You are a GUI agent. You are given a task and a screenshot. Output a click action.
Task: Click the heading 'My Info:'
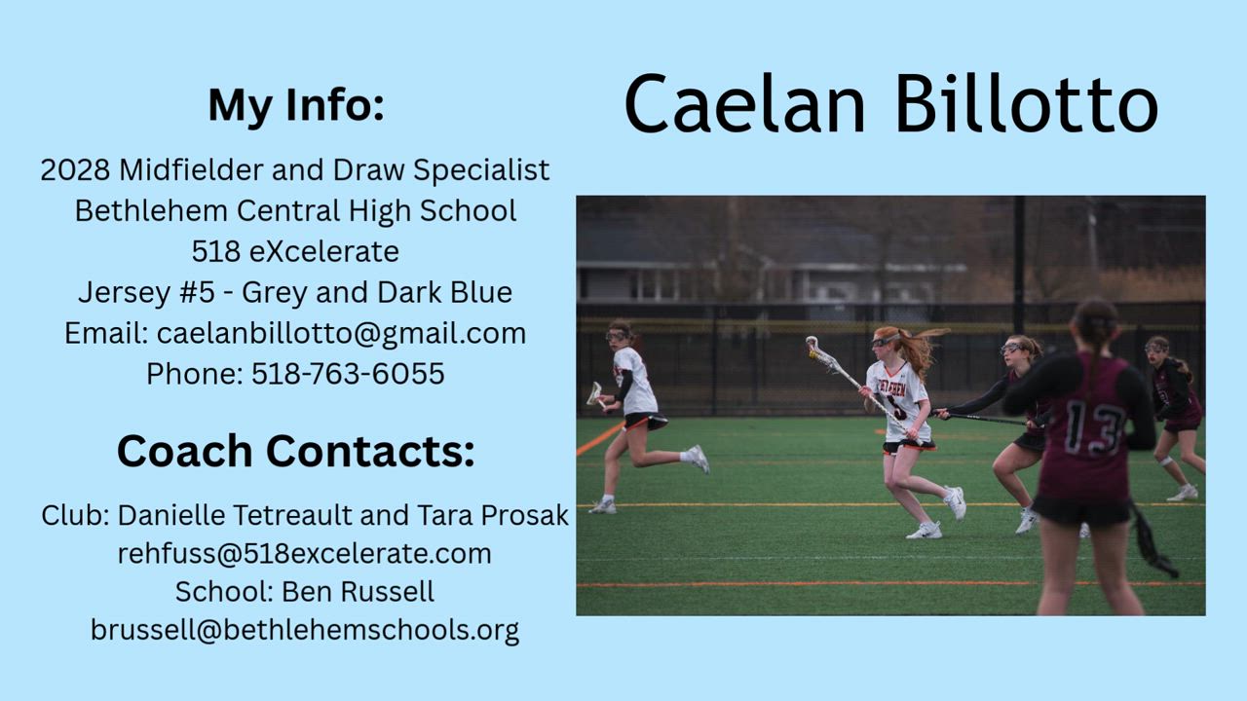(x=296, y=105)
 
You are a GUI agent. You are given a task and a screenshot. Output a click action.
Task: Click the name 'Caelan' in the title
(x=744, y=104)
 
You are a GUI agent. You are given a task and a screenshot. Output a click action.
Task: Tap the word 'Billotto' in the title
(x=1027, y=103)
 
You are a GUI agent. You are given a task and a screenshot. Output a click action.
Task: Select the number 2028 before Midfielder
(x=75, y=169)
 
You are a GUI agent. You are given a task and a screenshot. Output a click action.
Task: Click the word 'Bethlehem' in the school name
(x=152, y=211)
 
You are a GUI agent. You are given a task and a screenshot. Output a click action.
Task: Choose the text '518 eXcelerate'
(x=295, y=251)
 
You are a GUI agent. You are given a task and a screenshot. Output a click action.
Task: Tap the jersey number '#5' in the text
(x=197, y=292)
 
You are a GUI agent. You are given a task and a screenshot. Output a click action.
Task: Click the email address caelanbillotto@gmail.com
(x=341, y=334)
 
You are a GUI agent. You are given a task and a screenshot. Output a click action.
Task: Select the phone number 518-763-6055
(x=348, y=373)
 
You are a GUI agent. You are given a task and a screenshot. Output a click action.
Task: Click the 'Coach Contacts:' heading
(x=296, y=451)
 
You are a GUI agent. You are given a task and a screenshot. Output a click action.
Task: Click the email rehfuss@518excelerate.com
(x=305, y=554)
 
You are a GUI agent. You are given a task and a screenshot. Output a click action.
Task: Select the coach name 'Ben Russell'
(x=358, y=591)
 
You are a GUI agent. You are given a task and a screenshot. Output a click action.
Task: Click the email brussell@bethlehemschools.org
(x=305, y=630)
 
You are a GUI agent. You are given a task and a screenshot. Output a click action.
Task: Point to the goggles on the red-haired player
(x=885, y=341)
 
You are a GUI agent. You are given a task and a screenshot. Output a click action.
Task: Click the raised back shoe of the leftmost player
(x=699, y=459)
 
